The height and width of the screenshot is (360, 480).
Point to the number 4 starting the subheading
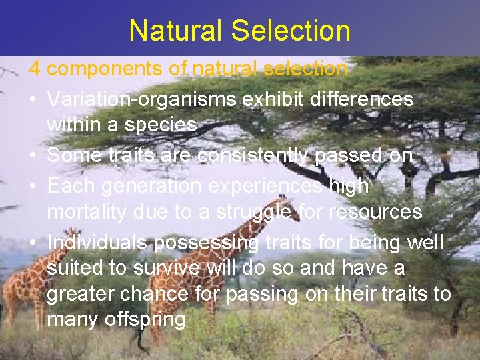pyautogui.click(x=34, y=69)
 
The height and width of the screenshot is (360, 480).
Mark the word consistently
pyautogui.click(x=256, y=155)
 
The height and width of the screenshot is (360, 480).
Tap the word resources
pyautogui.click(x=380, y=212)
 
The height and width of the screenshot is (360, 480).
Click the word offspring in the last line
pyautogui.click(x=145, y=320)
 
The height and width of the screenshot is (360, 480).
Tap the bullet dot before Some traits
pyautogui.click(x=33, y=156)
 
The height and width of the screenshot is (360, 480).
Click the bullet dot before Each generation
pyautogui.click(x=33, y=187)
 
